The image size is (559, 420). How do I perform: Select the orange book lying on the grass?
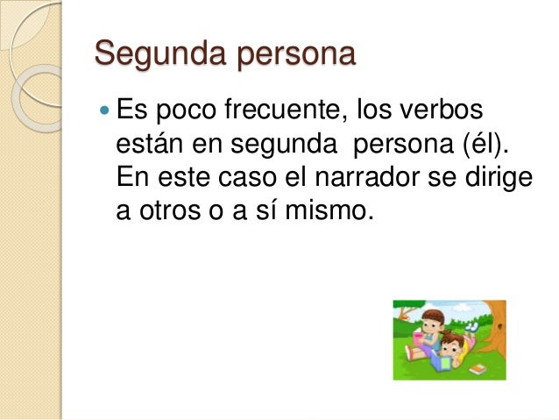[478, 370]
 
